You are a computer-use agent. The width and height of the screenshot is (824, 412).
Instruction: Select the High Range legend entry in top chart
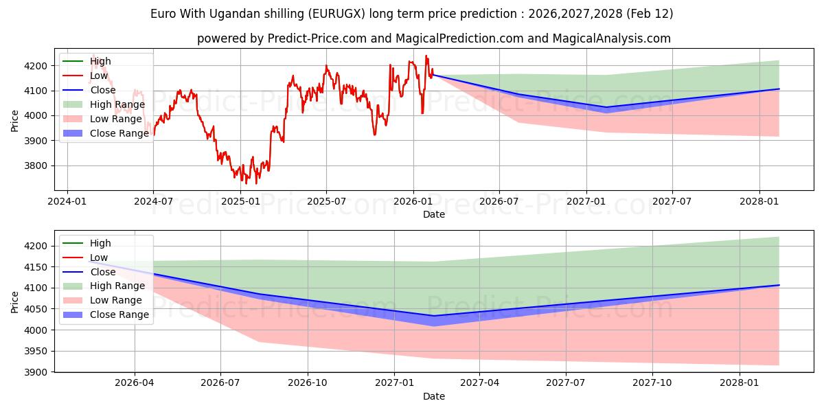tap(117, 104)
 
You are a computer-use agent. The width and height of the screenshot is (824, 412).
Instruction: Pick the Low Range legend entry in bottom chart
tap(116, 300)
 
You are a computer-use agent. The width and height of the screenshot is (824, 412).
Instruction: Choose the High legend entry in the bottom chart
tap(100, 243)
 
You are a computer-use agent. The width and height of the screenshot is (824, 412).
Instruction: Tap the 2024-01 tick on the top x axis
tap(67, 201)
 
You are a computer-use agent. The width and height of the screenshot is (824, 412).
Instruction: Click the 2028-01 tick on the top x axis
tap(759, 201)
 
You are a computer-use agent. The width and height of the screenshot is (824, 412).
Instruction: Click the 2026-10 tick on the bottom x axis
tap(308, 383)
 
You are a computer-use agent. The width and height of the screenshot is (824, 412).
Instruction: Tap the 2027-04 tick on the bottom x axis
tap(479, 383)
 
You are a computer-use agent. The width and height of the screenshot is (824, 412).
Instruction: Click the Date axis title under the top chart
tap(433, 214)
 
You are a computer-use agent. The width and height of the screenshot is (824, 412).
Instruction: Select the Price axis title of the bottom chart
tap(15, 301)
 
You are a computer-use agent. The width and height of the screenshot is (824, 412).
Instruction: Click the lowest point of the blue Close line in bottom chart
tap(433, 316)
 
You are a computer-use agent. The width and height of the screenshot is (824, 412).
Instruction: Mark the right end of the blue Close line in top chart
tap(779, 89)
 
